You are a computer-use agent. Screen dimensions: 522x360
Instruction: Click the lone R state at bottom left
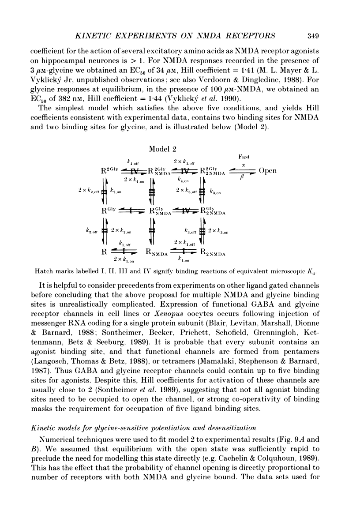tap(104, 252)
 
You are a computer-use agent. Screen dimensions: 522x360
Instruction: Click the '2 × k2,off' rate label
tap(89, 191)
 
